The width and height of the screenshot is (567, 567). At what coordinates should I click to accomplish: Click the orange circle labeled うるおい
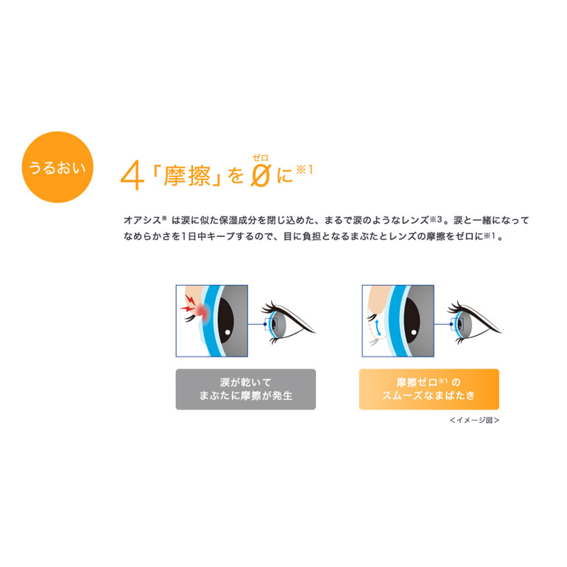(x=57, y=167)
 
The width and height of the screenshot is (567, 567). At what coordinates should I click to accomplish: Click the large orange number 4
(x=132, y=177)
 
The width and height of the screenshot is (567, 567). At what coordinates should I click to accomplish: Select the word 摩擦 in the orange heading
(x=186, y=177)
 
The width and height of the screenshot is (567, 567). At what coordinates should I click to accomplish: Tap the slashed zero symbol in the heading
(x=261, y=176)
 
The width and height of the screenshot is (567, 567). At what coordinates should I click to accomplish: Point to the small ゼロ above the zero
(x=261, y=158)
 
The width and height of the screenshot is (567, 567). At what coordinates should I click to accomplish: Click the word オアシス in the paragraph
(x=142, y=220)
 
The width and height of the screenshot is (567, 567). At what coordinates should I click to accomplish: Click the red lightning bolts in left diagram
(x=189, y=303)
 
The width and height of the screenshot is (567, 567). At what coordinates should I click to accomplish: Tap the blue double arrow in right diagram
(x=378, y=327)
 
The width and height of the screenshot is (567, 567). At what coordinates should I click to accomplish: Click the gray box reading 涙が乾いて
(x=245, y=389)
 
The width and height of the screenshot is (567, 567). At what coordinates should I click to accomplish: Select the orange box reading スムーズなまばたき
(x=429, y=389)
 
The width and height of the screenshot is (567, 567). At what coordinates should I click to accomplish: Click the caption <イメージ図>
(x=474, y=420)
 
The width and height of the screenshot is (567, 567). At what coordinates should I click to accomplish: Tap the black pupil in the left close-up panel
(x=225, y=321)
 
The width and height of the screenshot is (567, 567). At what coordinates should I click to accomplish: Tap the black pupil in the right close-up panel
(x=412, y=321)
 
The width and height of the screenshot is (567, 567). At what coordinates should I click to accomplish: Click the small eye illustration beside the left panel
(x=287, y=323)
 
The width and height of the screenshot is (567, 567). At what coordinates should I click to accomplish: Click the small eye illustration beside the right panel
(x=473, y=323)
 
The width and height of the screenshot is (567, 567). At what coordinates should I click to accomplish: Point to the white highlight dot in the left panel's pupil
(x=228, y=332)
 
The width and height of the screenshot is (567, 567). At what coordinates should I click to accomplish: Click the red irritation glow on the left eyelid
(x=203, y=312)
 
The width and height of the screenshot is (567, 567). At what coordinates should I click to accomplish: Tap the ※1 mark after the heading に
(x=304, y=169)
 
